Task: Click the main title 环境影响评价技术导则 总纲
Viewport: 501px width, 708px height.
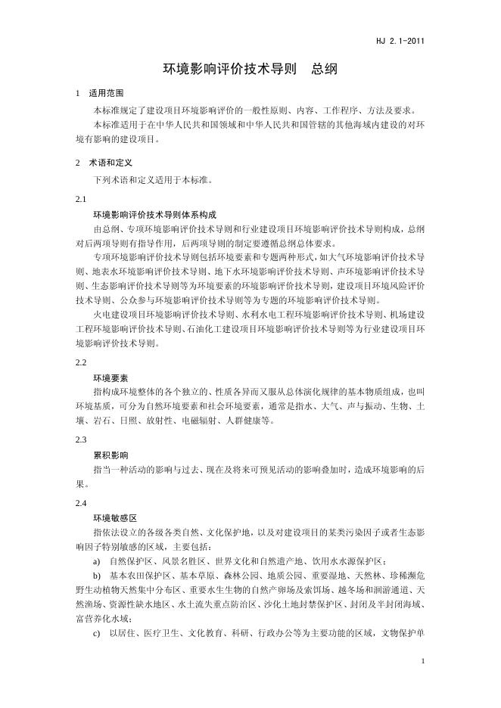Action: click(250, 69)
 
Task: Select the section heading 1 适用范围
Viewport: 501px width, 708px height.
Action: click(100, 93)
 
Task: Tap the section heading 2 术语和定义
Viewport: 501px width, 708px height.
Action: click(104, 162)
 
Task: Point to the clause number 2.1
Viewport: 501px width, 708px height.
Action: click(82, 200)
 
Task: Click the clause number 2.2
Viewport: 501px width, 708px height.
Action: click(82, 362)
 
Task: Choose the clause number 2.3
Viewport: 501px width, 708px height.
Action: click(82, 439)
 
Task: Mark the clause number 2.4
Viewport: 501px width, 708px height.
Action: click(82, 502)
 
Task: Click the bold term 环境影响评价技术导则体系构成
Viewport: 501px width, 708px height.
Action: click(154, 215)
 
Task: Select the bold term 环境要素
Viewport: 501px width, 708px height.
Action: click(110, 377)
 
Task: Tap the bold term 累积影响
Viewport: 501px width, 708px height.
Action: click(110, 455)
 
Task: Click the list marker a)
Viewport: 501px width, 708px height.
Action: click(97, 561)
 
